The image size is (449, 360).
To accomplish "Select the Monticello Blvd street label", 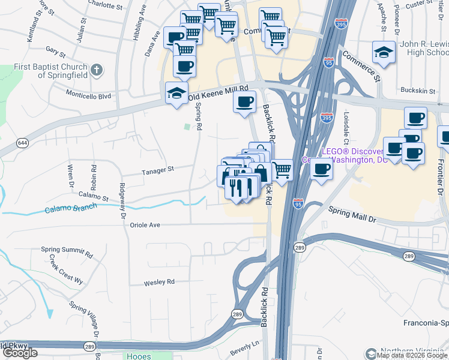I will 89,95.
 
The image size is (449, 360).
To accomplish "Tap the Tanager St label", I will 157,170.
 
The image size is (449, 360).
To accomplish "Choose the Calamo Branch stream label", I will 69,210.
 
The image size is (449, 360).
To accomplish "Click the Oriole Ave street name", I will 145,225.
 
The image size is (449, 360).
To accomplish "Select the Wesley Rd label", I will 159,281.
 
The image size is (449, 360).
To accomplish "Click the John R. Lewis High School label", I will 424,48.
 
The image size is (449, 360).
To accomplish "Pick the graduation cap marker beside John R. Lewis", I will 384,53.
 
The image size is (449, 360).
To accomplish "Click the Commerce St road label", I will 361,65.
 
